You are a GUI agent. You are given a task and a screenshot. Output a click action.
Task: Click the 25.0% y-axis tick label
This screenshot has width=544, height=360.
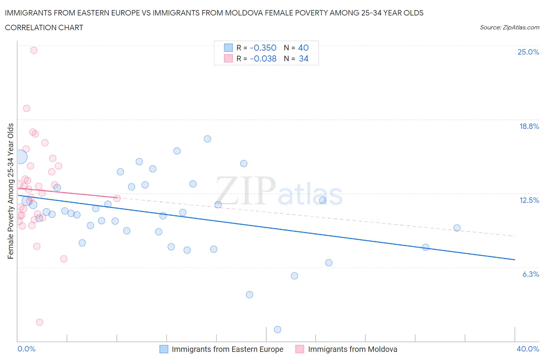coord(528,52)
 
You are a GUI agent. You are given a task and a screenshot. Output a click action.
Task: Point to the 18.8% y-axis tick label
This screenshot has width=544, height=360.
coord(529,126)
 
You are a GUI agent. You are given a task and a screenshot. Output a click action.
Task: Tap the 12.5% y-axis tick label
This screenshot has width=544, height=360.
coord(529,200)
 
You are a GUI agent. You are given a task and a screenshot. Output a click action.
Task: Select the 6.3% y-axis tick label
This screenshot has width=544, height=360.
coord(530,274)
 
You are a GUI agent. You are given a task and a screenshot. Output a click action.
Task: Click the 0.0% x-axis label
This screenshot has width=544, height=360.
coord(26,349)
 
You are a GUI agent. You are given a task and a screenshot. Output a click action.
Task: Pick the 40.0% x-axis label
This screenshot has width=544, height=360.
coord(528,349)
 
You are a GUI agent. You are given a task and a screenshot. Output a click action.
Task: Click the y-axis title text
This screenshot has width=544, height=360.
coord(10,191)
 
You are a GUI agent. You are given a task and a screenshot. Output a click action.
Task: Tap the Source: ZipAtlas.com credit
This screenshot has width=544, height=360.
coord(509,27)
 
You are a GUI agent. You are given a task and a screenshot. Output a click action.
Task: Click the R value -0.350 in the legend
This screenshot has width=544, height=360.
coord(263,48)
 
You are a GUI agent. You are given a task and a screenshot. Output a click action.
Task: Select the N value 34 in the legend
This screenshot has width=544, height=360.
coord(303,58)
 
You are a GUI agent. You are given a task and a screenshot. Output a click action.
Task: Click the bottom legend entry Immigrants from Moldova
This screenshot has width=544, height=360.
coord(352,349)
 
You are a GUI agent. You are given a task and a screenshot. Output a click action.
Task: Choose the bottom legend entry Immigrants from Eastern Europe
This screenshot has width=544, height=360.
coord(228,349)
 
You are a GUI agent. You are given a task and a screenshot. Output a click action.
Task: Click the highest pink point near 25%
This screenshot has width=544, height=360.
coord(34,50)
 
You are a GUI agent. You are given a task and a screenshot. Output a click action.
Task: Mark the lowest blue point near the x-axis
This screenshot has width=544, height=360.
coord(277,329)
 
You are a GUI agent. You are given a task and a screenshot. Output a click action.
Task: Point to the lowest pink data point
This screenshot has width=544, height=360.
coord(39,322)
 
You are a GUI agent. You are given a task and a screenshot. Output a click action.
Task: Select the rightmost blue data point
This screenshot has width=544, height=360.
coord(457,228)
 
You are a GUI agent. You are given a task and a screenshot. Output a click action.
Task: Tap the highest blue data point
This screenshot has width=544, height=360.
coord(207,139)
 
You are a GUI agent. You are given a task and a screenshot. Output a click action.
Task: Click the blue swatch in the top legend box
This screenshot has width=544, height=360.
coord(228,48)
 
